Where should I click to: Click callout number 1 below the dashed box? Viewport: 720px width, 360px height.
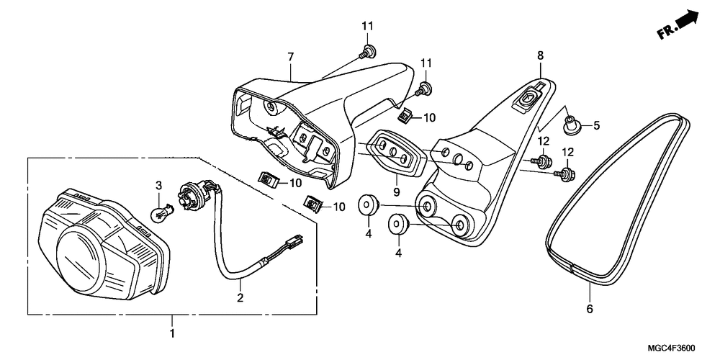(x=171, y=334)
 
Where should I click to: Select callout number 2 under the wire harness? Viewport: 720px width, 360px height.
(x=240, y=297)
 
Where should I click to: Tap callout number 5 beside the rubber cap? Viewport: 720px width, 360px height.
(x=596, y=125)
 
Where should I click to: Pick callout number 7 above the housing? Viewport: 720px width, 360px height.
(x=291, y=56)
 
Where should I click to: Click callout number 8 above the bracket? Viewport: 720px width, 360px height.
(x=539, y=55)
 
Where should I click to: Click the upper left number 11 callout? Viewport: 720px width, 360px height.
(x=367, y=27)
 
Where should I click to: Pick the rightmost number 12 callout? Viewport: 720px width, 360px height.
(x=568, y=152)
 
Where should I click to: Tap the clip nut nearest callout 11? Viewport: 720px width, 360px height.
(x=407, y=114)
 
